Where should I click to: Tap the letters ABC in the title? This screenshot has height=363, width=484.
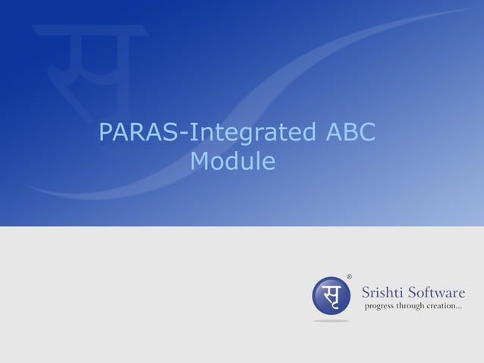click(350, 133)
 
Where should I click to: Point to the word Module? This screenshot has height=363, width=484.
click(233, 161)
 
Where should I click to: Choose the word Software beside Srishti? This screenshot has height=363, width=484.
click(437, 292)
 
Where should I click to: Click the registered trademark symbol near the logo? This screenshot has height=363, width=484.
click(349, 276)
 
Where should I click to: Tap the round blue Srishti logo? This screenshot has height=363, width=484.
click(332, 295)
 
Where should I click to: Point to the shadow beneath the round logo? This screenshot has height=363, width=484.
click(332, 320)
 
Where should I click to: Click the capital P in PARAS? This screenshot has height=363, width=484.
click(106, 133)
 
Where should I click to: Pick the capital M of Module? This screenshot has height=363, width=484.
click(200, 161)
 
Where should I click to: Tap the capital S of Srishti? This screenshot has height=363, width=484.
click(366, 292)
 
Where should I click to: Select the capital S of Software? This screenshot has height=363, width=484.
click(413, 292)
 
